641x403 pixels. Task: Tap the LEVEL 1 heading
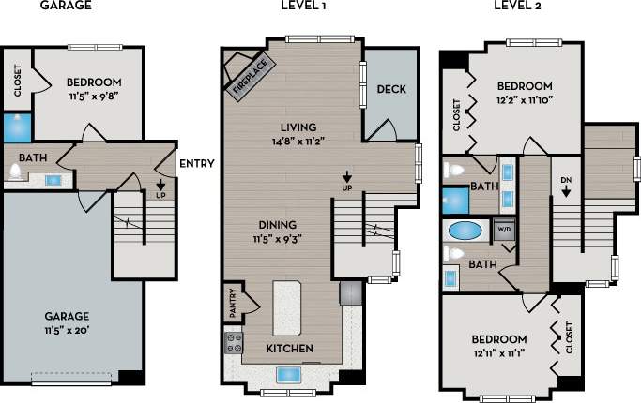[x=303, y=7]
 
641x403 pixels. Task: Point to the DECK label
[x=389, y=90]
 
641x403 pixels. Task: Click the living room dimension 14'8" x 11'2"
[x=298, y=142]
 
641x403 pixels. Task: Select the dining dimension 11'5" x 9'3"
[x=276, y=239]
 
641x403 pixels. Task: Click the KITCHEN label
[x=289, y=349]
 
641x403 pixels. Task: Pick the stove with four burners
[x=234, y=342]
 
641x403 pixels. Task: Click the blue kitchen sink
[x=289, y=375]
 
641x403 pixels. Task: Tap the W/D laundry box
[x=504, y=228]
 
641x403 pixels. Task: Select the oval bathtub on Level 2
[x=465, y=230]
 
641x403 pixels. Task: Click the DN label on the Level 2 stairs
[x=566, y=180]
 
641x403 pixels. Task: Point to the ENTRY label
[x=196, y=164]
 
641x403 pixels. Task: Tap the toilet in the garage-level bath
[x=15, y=172]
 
